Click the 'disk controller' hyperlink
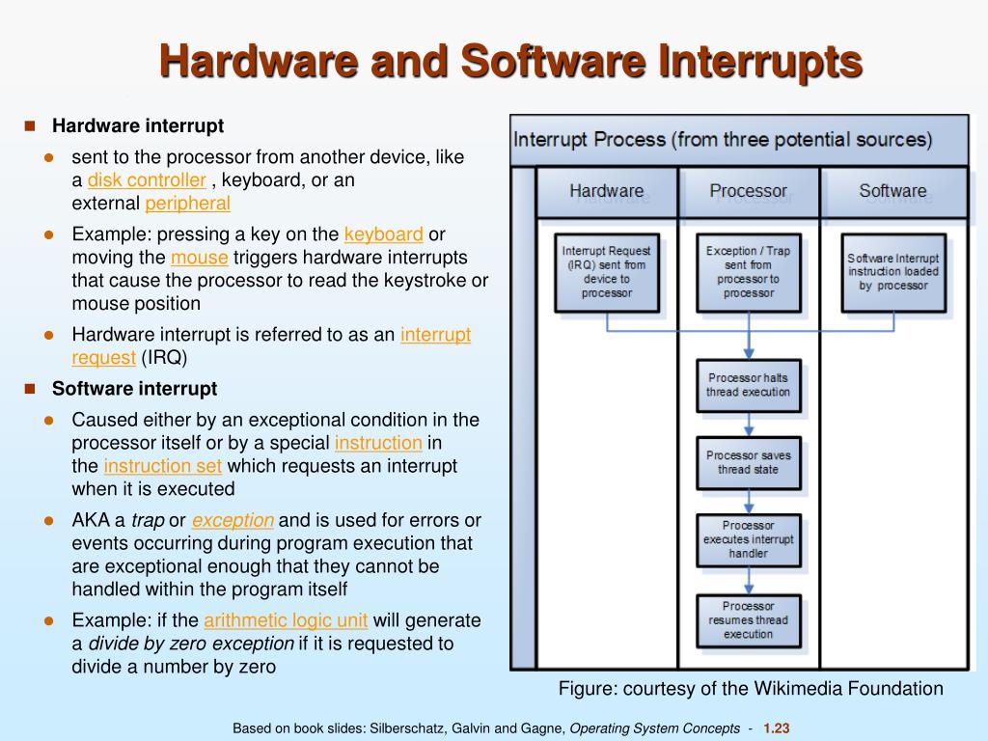(147, 180)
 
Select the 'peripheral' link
(187, 204)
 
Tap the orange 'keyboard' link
(383, 234)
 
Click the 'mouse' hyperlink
(200, 258)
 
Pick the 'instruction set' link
(163, 466)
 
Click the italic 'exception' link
(233, 520)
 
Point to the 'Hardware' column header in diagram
(606, 191)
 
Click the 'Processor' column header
(748, 191)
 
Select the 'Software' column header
(892, 191)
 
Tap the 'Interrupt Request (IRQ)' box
(607, 272)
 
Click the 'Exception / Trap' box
(748, 272)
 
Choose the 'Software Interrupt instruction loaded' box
(892, 272)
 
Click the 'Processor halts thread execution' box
(748, 385)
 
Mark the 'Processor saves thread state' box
(748, 462)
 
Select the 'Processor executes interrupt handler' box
(748, 539)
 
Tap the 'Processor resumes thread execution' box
(748, 620)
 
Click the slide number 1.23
(777, 728)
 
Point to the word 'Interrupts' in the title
(760, 62)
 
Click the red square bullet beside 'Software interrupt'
(30, 389)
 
